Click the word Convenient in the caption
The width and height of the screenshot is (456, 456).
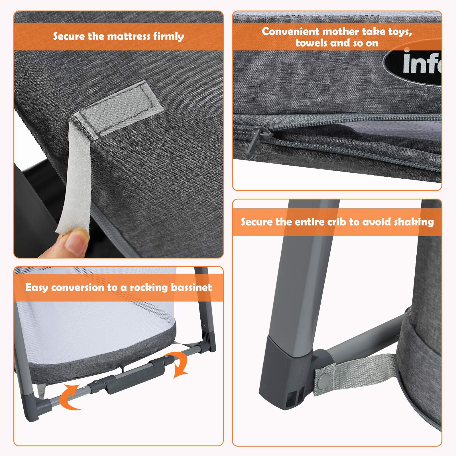(x=290, y=32)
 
